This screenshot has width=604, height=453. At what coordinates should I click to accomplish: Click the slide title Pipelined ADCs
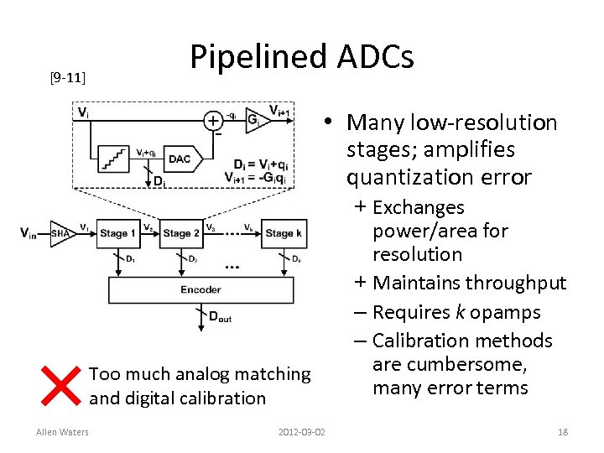click(x=301, y=57)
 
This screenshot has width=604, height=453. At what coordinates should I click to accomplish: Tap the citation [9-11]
click(x=67, y=78)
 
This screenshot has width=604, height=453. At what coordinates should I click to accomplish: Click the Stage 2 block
click(x=181, y=233)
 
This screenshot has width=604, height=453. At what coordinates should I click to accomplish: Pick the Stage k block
click(x=284, y=233)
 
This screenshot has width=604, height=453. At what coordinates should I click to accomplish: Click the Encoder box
click(x=200, y=289)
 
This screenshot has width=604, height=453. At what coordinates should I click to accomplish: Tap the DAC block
click(x=180, y=159)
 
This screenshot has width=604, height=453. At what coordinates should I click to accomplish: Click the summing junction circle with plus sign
click(x=213, y=121)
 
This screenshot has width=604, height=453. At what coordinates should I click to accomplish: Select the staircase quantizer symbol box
click(x=113, y=157)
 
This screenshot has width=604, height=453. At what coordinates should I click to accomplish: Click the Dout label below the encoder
click(x=220, y=318)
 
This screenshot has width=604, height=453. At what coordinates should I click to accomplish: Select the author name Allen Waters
click(x=62, y=432)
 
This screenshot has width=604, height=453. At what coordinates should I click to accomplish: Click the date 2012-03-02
click(x=302, y=432)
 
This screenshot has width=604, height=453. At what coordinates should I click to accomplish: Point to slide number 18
click(x=562, y=432)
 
